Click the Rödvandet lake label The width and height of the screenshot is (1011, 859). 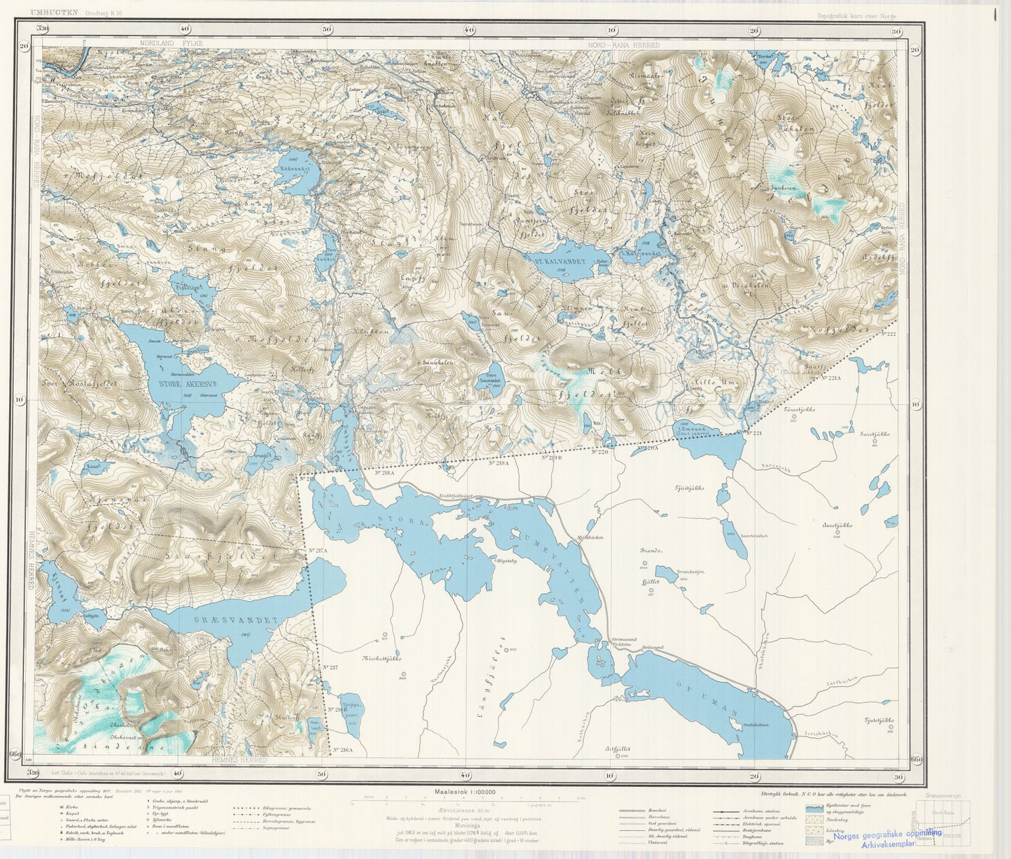[x=294, y=169]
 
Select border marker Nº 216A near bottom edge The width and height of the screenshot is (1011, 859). [x=343, y=750]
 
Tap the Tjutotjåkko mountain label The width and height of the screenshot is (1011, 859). [x=879, y=720]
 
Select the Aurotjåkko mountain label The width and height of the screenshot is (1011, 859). [x=837, y=525]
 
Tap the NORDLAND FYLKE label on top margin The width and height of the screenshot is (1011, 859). [x=171, y=43]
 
